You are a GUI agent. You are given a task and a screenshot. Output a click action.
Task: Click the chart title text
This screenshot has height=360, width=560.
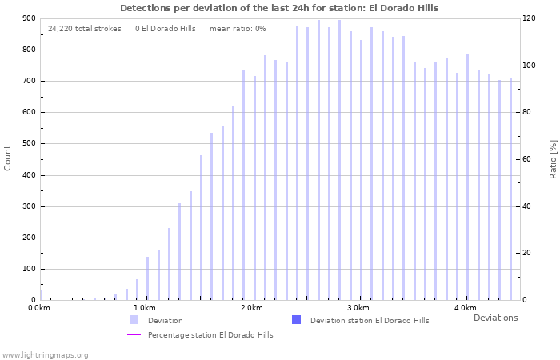279,8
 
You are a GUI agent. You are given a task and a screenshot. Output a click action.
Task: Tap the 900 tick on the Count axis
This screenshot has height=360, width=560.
29,18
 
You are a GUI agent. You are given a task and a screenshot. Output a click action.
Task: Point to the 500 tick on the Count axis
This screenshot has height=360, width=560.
29,144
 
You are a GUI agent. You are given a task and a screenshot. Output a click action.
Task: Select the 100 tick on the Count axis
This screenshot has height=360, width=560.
29,269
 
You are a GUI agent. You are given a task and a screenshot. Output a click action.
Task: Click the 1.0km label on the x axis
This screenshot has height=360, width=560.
144,308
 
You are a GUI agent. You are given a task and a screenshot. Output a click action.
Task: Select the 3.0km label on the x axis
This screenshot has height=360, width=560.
358,308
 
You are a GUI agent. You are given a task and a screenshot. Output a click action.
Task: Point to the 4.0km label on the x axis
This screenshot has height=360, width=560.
465,308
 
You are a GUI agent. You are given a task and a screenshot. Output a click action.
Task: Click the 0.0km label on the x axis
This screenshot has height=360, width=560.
39,308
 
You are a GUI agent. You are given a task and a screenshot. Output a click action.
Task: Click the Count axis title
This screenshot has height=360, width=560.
8,158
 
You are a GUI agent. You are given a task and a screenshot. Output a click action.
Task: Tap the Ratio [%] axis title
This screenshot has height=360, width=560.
553,158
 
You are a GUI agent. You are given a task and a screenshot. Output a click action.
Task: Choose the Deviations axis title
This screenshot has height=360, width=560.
495,318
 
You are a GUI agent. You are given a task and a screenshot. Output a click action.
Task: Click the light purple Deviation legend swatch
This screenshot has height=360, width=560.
134,320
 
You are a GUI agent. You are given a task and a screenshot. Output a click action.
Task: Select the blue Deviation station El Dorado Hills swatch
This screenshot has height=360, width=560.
296,320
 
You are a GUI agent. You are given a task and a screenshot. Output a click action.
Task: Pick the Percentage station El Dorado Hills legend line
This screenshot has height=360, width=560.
134,334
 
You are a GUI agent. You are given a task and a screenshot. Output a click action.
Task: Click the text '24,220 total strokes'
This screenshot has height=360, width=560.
85,29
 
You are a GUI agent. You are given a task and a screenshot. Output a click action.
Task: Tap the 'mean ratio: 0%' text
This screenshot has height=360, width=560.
238,29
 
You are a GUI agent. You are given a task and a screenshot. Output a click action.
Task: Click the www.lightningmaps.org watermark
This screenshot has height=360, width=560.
46,355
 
